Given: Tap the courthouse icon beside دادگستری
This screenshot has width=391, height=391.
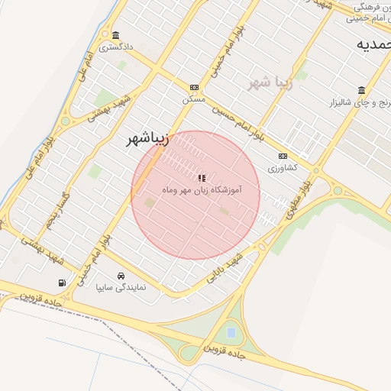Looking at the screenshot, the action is (115, 35).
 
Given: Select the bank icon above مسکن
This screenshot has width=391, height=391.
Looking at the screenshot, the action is (194, 88).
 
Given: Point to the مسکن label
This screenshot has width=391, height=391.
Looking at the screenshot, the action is (194, 99).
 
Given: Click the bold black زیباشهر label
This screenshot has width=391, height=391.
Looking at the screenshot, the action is (147, 139).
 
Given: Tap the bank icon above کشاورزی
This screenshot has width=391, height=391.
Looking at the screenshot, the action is (283, 156).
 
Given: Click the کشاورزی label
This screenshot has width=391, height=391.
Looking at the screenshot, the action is (283, 166).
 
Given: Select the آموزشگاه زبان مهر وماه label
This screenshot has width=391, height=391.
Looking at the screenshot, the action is (202, 189).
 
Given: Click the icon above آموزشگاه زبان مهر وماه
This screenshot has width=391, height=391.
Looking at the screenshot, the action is (202, 177).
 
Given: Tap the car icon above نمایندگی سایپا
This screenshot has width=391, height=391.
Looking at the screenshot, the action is (121, 276).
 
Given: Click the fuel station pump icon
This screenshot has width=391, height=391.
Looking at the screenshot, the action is (62, 282).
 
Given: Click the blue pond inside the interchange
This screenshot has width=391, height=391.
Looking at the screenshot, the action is (231, 332).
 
